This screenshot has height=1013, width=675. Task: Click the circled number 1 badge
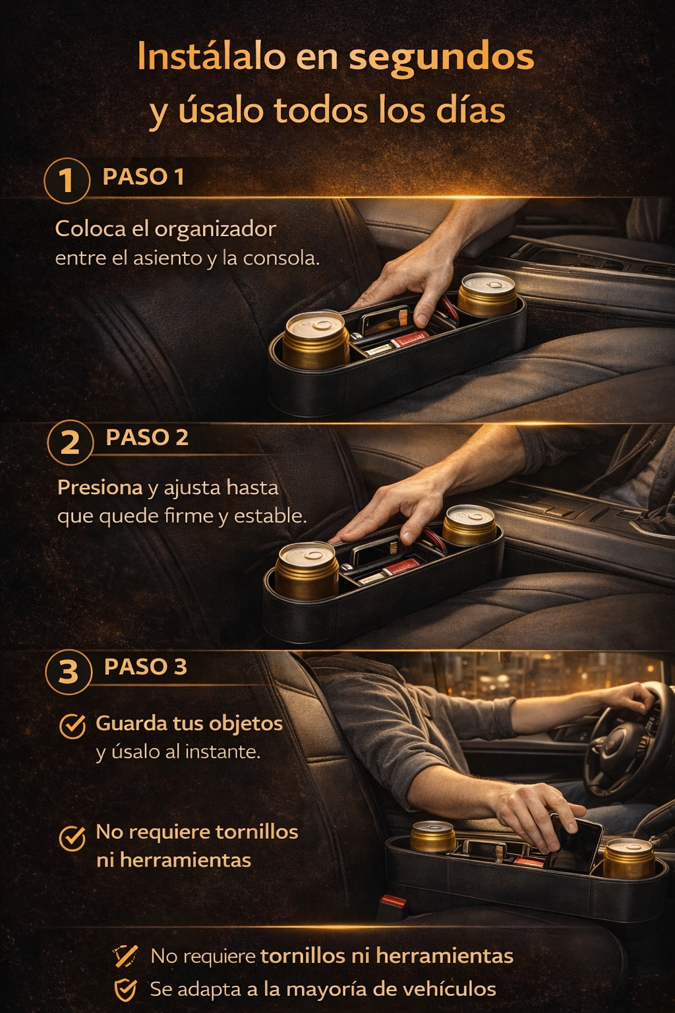pyautogui.click(x=67, y=181)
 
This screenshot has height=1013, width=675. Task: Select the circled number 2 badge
pyautogui.click(x=70, y=443)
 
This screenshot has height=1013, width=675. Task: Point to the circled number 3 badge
pyautogui.click(x=69, y=671)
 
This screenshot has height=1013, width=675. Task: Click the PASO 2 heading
pyautogui.click(x=147, y=437)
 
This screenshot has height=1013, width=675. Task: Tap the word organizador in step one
pyautogui.click(x=216, y=230)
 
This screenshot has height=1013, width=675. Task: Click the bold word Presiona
pyautogui.click(x=100, y=487)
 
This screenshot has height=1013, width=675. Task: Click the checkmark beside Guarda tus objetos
pyautogui.click(x=73, y=726)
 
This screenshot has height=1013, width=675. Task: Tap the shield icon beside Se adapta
pyautogui.click(x=125, y=989)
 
